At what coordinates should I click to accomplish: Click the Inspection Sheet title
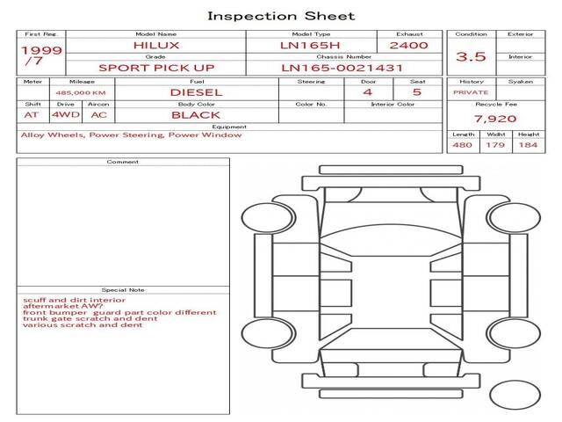click(x=281, y=16)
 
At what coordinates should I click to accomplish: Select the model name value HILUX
click(x=156, y=46)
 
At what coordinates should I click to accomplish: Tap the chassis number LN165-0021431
click(x=342, y=68)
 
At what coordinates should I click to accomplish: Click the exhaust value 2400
click(x=408, y=46)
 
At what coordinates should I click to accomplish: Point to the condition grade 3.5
click(x=471, y=56)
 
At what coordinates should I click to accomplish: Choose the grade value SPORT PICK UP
click(x=156, y=68)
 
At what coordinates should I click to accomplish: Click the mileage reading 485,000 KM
click(x=81, y=93)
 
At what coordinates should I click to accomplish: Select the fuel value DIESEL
click(x=196, y=92)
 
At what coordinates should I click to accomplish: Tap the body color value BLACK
click(x=196, y=115)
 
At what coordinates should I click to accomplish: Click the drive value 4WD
click(x=66, y=115)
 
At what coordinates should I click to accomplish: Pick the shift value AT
click(x=32, y=115)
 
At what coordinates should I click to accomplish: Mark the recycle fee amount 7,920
click(x=495, y=119)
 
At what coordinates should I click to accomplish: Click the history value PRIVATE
click(x=471, y=92)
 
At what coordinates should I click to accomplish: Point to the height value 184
click(x=528, y=145)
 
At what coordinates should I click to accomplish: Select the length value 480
click(x=462, y=145)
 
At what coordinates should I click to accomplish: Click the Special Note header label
click(x=123, y=290)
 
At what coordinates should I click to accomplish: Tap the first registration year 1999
click(x=41, y=50)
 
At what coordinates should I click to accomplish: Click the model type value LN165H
click(x=310, y=46)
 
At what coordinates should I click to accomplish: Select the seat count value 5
click(x=417, y=92)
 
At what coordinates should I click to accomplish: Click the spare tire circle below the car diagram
click(x=515, y=395)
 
